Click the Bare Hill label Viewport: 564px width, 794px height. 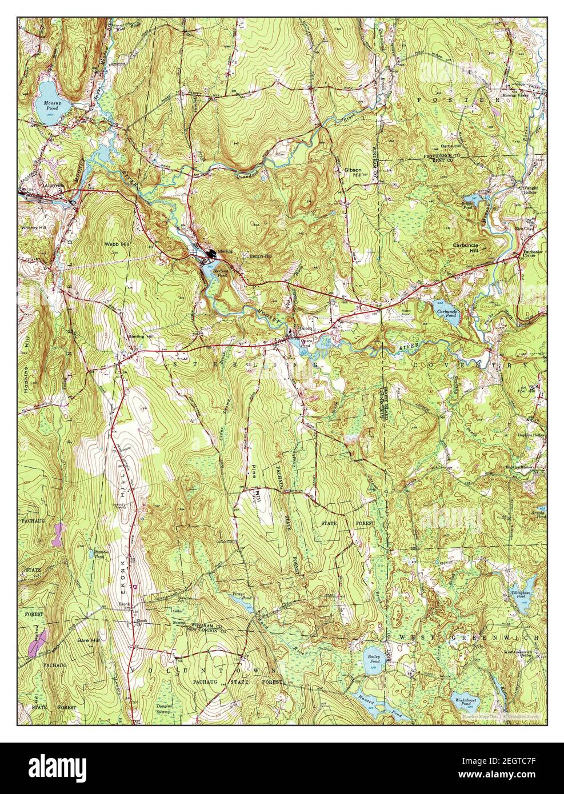89,641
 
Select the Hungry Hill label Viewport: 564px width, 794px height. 259,256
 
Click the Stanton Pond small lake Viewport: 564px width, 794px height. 93,552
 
